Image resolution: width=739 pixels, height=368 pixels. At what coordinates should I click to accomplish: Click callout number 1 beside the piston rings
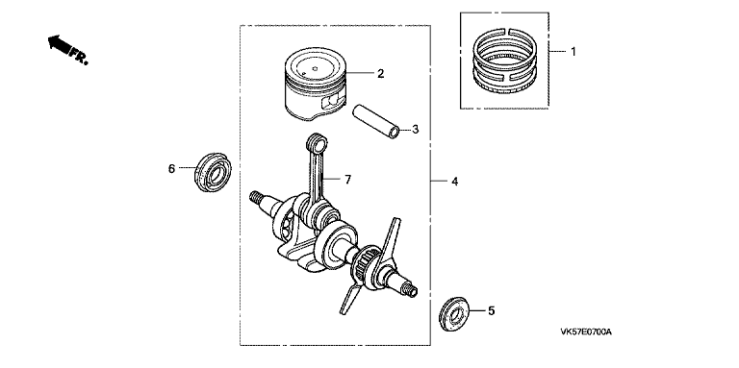pos(573,51)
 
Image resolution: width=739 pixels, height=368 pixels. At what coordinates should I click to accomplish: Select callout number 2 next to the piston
pos(380,73)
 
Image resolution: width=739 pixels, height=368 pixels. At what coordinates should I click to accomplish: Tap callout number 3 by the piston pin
pos(416,129)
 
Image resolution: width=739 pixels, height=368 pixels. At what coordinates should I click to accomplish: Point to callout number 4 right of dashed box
pos(454,182)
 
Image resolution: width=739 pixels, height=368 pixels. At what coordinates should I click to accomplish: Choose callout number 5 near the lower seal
pos(491,310)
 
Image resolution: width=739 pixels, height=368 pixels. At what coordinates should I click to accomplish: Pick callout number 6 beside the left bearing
pos(171,168)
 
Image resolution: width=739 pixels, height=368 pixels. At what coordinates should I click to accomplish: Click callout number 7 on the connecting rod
pos(347,180)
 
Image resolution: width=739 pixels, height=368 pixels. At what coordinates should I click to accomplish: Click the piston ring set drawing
pos(505,61)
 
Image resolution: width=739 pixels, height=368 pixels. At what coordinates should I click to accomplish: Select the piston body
pos(316,84)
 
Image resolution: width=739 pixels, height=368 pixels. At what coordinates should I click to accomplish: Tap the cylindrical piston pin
pos(377,122)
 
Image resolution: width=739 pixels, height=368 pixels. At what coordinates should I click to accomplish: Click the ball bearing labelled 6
pos(213,172)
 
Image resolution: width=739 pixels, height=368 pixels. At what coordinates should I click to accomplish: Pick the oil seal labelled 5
pos(455,314)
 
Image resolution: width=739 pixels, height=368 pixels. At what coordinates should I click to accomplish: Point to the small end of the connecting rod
pos(318,141)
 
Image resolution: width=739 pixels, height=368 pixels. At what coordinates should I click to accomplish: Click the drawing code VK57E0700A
pos(586,332)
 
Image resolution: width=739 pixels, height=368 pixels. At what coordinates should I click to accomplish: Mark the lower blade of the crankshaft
pos(350,295)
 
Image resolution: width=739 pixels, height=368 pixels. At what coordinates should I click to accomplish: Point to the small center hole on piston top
pos(315,67)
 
